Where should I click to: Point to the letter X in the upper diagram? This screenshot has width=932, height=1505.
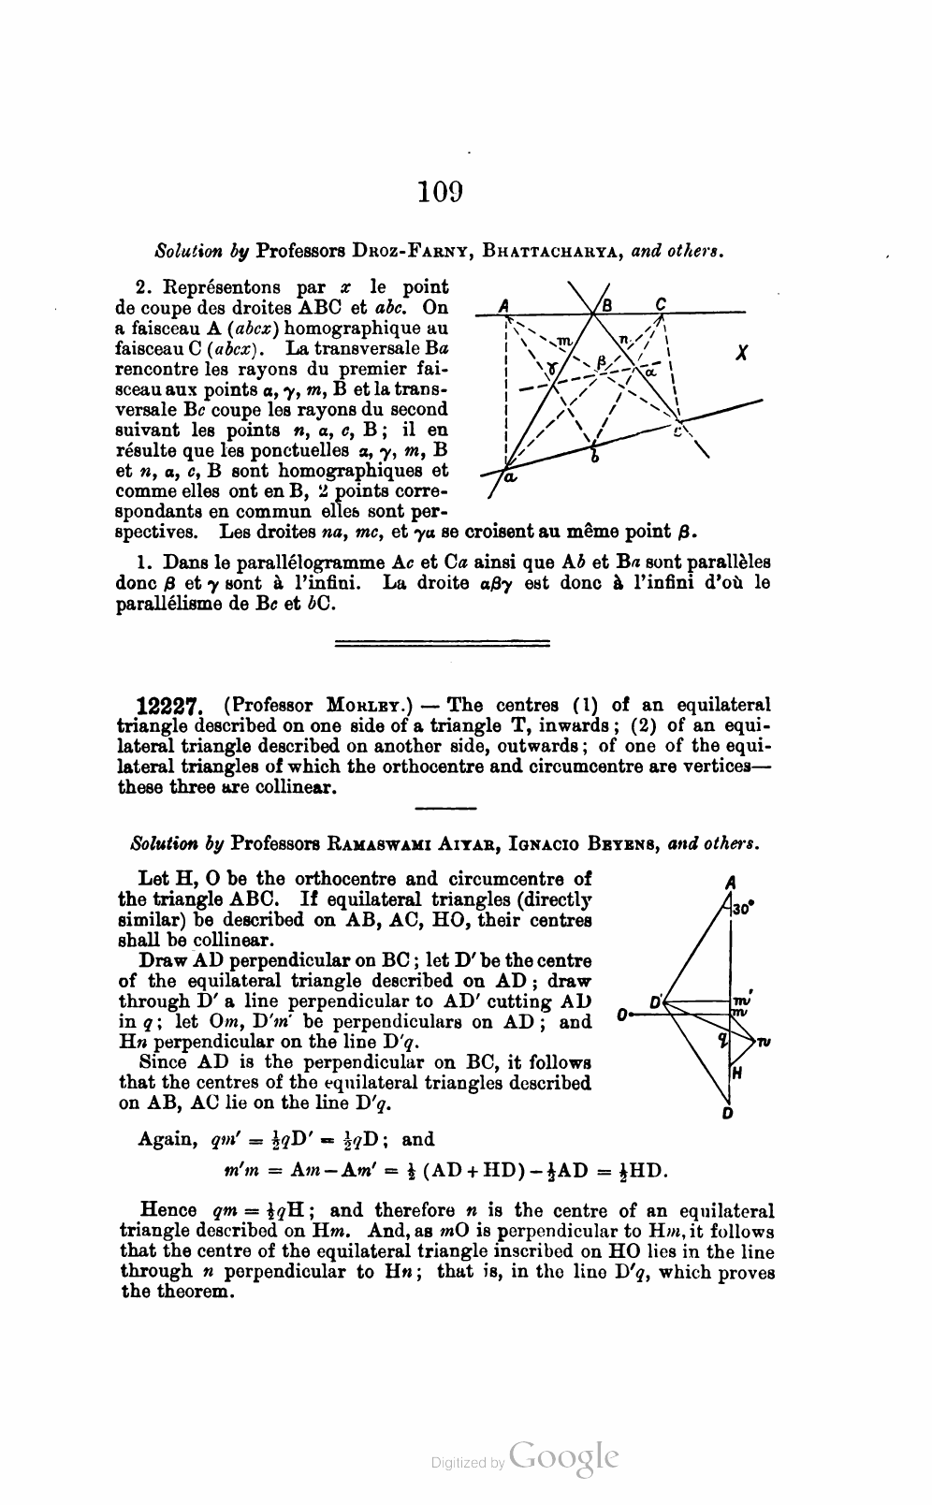tap(741, 354)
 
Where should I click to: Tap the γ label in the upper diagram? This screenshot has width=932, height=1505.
tap(554, 370)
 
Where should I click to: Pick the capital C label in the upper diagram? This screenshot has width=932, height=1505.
tap(661, 302)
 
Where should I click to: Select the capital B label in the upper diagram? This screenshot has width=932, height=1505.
tap(606, 304)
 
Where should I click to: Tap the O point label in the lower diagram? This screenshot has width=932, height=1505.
tap(622, 1015)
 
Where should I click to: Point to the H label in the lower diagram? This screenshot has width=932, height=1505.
tap(737, 1074)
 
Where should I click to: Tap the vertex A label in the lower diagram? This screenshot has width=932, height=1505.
tap(729, 881)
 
